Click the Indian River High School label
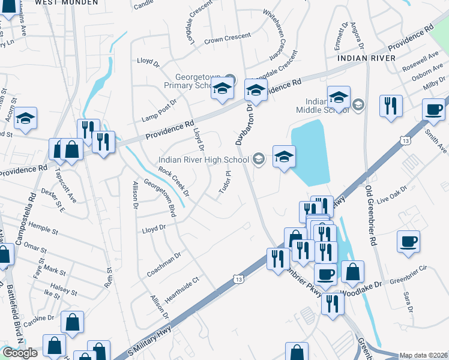[x=203, y=160]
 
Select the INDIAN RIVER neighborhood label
[x=366, y=58]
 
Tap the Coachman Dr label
[x=163, y=265]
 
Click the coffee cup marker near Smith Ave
[x=434, y=109]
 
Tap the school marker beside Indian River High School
[x=283, y=158]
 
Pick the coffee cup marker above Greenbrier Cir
[x=408, y=242]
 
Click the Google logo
[x=20, y=353]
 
